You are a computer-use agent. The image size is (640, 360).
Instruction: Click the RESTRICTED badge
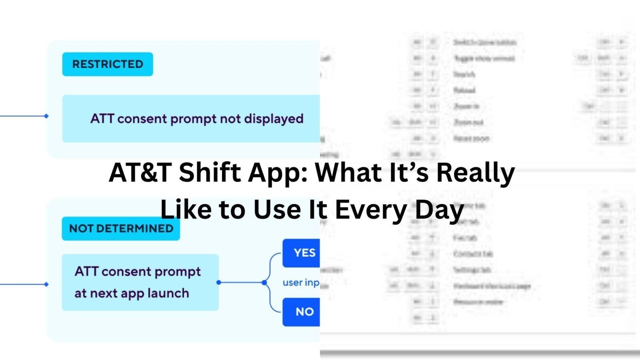tap(107, 64)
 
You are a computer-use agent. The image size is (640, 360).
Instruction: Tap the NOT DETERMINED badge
tap(121, 228)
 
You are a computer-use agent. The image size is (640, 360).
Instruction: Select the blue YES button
tap(302, 253)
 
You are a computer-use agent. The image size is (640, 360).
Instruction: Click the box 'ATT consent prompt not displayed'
tap(191, 119)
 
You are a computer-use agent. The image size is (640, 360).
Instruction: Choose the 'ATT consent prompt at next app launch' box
tap(140, 282)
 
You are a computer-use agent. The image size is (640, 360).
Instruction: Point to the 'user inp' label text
tap(300, 282)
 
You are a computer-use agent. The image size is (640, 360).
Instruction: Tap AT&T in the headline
tap(140, 173)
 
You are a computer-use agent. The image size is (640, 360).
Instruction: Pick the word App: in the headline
tap(278, 173)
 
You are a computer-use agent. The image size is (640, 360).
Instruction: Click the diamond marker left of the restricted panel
tap(46, 116)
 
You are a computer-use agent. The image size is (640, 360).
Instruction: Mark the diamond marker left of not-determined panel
tap(46, 284)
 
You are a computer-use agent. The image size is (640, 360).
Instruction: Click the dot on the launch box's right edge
tap(218, 282)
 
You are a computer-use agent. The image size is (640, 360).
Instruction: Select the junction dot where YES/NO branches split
tap(264, 282)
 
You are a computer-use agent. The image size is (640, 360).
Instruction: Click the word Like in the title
tap(185, 210)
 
